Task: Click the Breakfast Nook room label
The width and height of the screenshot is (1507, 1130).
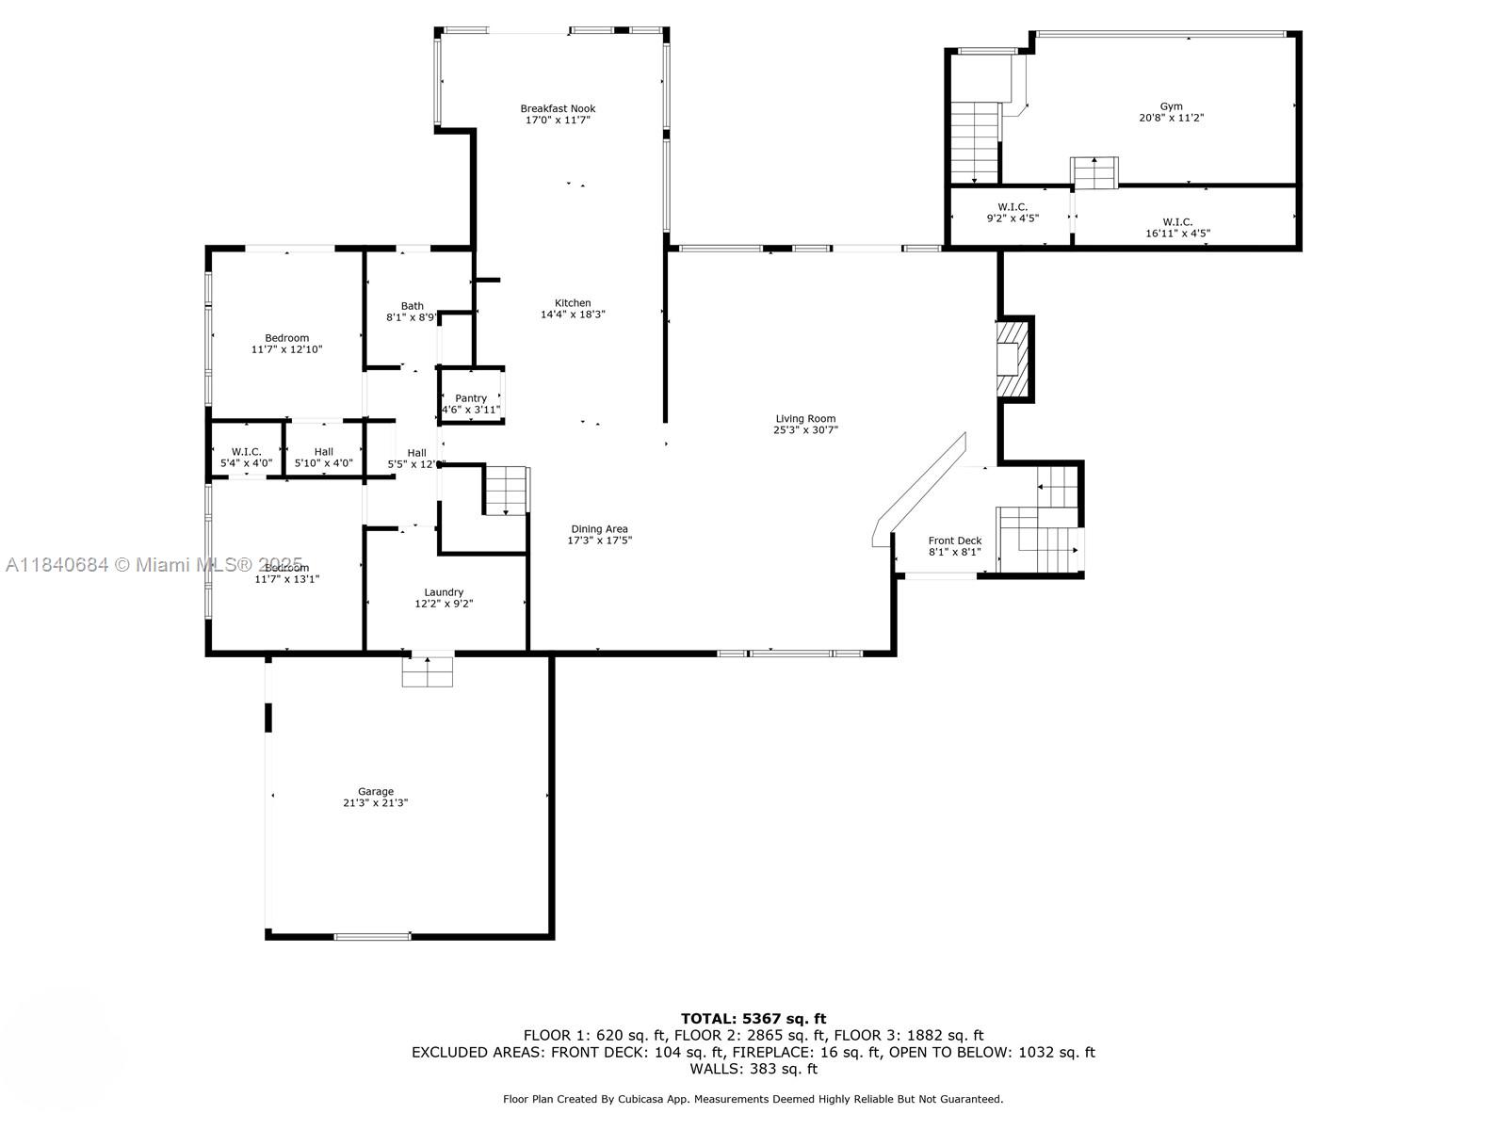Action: point(558,108)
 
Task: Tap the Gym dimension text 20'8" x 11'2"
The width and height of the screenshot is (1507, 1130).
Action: point(1171,118)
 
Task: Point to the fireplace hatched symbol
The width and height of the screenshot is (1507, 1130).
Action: point(1013,362)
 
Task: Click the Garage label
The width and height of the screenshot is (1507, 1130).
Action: point(375,791)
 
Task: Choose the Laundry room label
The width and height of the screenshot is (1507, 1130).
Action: point(443,592)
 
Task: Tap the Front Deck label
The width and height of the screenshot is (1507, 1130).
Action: point(955,541)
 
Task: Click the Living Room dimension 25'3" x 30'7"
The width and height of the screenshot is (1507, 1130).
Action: point(805,429)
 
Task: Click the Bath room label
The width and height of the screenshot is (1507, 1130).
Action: point(412,306)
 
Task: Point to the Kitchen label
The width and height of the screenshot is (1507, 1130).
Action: point(573,303)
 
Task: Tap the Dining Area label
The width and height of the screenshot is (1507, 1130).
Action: point(599,529)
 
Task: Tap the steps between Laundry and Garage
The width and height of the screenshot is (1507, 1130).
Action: point(428,670)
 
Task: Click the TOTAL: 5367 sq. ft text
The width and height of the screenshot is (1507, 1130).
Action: point(753,1018)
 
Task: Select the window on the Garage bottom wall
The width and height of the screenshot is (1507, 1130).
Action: point(372,936)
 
